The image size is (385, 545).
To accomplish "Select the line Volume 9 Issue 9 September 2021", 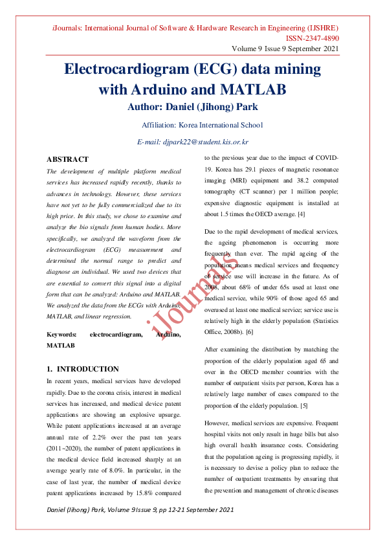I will click(285, 49).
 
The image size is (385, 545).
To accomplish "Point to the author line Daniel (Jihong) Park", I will click(192, 106).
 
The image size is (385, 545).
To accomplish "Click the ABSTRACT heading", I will click(67, 159).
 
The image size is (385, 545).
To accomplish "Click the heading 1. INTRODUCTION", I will click(83, 368).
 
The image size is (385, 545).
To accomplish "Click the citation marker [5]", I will click(303, 405).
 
